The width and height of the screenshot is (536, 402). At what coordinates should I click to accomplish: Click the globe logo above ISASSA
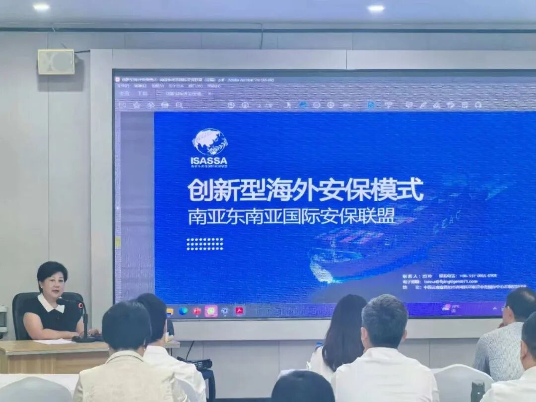(210, 142)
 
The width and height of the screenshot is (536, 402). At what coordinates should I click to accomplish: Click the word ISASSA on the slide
(209, 161)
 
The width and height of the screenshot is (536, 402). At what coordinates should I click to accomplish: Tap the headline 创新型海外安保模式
(305, 190)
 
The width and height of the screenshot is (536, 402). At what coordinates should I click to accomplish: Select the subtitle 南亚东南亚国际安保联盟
(291, 216)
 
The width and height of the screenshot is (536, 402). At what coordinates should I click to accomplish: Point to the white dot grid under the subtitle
(204, 244)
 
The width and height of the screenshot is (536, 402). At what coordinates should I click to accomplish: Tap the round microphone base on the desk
(85, 339)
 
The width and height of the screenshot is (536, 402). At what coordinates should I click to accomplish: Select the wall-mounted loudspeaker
(56, 62)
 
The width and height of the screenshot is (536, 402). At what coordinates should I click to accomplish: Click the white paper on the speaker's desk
(54, 341)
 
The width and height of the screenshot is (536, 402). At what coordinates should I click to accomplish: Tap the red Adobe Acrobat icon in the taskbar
(239, 311)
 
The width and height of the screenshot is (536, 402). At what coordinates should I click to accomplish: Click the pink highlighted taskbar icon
(211, 311)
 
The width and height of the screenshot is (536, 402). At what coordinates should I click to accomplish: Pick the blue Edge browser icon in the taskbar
(183, 311)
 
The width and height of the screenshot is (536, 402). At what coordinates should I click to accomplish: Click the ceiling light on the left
(41, 7)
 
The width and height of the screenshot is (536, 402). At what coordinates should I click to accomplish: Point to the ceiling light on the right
(376, 8)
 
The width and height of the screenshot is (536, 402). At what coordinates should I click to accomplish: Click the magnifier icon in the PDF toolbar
(179, 105)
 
